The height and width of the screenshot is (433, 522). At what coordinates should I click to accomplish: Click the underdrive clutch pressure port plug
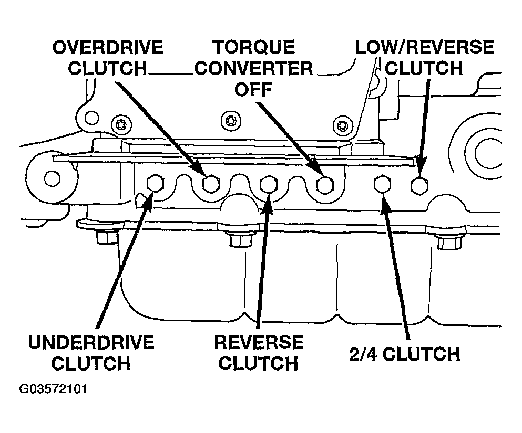coord(155,183)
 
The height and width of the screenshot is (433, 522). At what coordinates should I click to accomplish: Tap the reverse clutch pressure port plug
coord(268,184)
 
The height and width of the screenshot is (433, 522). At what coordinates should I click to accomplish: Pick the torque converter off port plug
coord(325,185)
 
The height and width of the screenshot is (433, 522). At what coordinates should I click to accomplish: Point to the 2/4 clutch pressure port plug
coord(383,184)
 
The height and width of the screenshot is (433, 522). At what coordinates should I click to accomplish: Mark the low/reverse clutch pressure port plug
coord(419,185)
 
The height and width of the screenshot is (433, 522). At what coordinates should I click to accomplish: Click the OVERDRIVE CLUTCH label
coord(108,58)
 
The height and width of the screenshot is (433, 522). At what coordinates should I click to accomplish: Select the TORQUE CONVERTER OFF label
coord(254,68)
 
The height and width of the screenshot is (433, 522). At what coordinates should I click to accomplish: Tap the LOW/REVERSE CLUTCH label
coord(424,57)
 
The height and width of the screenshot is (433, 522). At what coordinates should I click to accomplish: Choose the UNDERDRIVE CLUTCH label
coord(91,353)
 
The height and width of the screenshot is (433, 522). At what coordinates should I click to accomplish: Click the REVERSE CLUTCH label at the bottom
coord(259,353)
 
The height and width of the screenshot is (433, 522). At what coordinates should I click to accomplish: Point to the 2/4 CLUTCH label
coord(404,354)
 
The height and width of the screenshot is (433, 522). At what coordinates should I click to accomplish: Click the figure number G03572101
coord(53,388)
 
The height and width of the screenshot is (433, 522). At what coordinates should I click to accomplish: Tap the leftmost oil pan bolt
coord(107,237)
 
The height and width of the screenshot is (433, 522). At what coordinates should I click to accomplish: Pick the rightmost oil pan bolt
coord(449,242)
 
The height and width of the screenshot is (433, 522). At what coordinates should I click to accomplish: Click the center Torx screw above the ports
coord(231,120)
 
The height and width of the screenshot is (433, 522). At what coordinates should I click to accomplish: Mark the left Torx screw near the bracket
coord(121,125)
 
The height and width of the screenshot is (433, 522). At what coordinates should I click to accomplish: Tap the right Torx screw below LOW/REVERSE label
coord(343,125)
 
